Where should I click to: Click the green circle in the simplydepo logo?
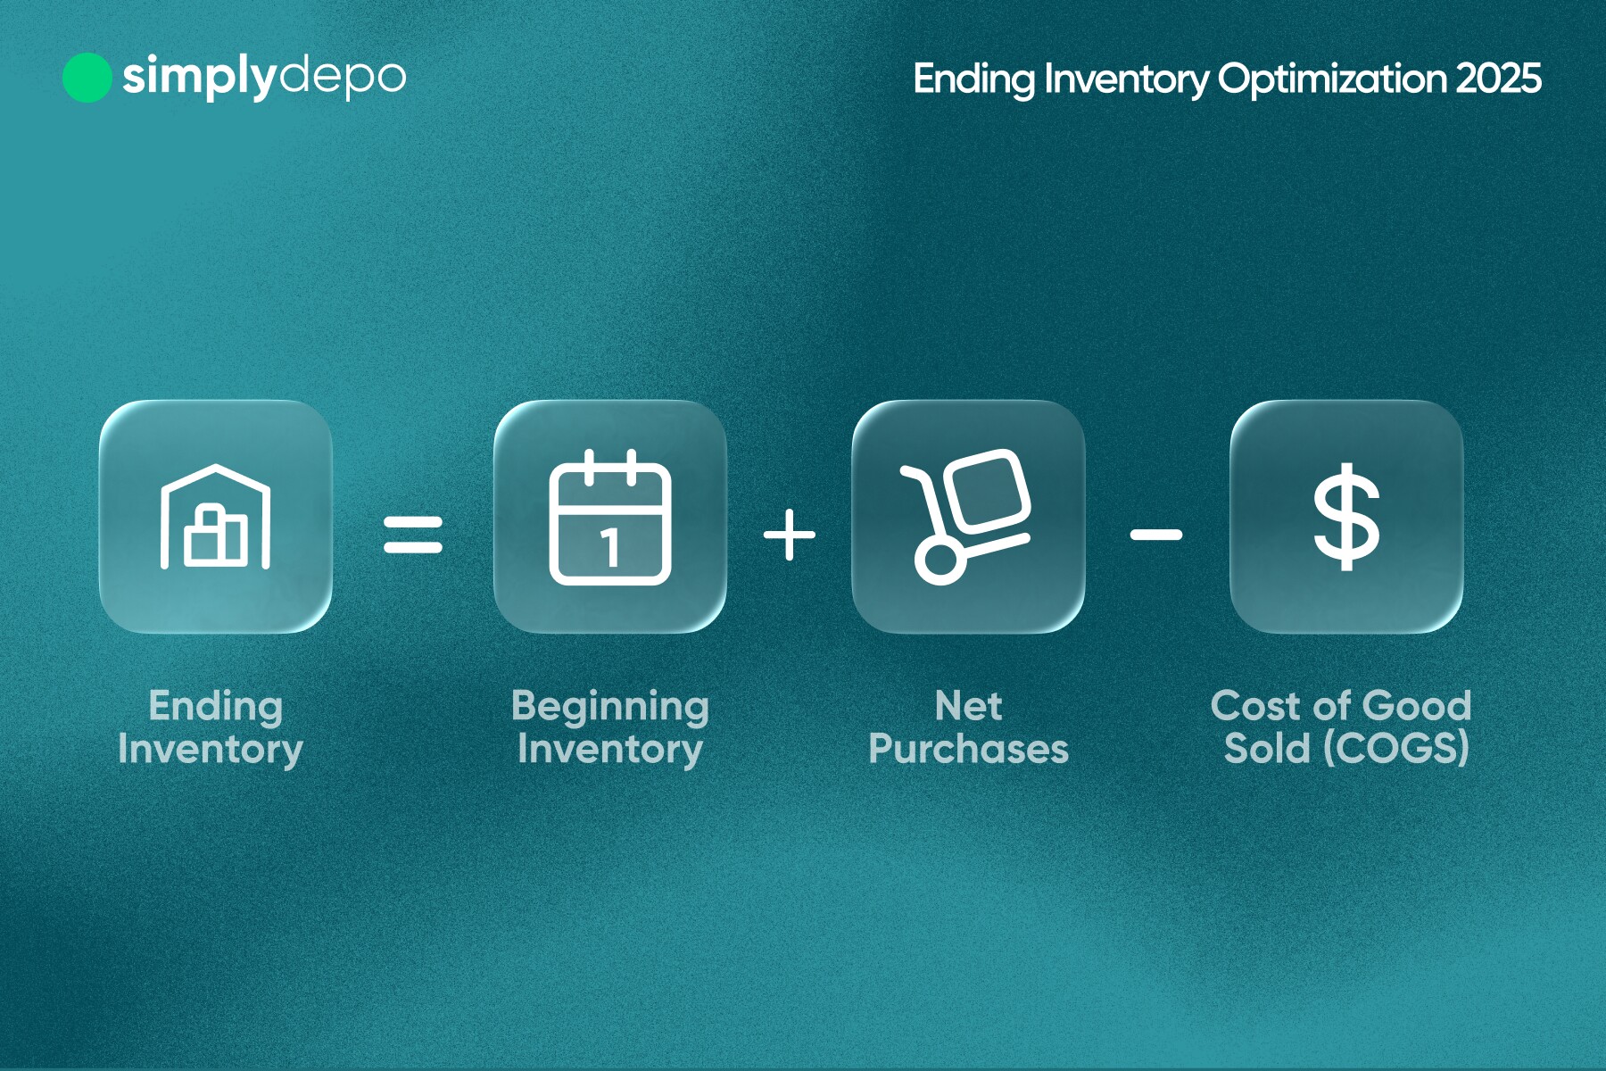(x=87, y=78)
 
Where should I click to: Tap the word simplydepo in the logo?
(x=264, y=78)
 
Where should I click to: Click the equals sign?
(x=413, y=535)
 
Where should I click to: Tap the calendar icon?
(x=610, y=518)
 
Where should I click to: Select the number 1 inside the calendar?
(x=610, y=546)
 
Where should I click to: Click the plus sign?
(x=790, y=535)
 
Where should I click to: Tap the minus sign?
(x=1156, y=535)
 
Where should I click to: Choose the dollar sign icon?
(x=1346, y=517)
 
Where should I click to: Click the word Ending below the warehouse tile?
(x=216, y=708)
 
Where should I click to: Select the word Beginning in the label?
(x=610, y=708)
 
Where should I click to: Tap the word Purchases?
(x=969, y=749)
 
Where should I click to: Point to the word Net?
(x=969, y=706)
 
